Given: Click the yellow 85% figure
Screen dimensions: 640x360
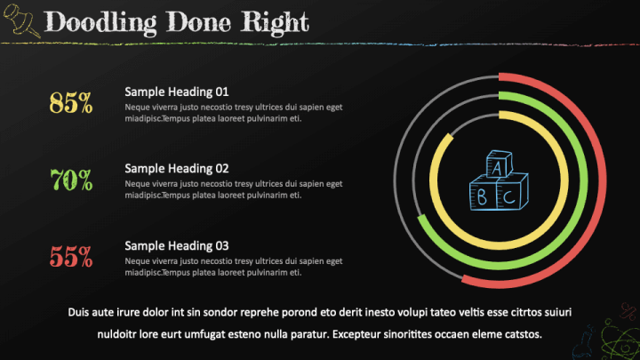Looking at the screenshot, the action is (71, 102).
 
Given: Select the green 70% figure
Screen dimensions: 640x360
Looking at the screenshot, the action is (71, 180).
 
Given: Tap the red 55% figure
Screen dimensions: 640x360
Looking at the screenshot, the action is (71, 256).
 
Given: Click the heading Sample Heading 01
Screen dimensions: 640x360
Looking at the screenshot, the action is (176, 92).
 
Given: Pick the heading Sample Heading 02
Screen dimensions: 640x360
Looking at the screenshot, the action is (176, 169).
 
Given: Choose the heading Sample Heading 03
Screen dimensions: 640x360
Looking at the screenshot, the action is (176, 245).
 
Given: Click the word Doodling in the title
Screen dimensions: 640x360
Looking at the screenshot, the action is (100, 22).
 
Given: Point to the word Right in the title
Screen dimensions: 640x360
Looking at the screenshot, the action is (275, 22).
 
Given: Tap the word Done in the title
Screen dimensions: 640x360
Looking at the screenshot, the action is (198, 21).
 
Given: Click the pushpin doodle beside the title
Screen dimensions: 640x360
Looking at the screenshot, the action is (21, 20).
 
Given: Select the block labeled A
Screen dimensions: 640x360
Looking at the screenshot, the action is (499, 164).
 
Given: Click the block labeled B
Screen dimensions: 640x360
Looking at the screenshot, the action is (483, 194).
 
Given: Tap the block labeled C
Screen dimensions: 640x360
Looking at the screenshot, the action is (512, 192).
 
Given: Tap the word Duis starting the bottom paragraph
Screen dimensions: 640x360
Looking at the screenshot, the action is (78, 312).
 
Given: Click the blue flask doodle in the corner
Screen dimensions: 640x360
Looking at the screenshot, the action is (583, 344).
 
